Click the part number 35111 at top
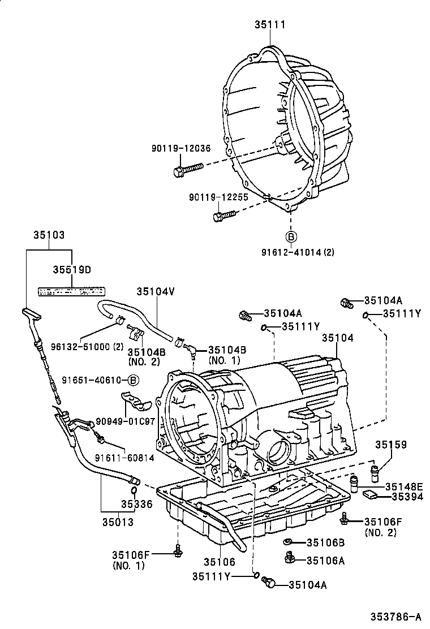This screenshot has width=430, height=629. tap(269, 25)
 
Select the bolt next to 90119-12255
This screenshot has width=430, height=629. tap(223, 216)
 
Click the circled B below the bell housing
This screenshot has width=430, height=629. tap(290, 236)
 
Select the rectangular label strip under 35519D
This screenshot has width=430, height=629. tap(71, 291)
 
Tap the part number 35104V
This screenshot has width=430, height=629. tap(155, 292)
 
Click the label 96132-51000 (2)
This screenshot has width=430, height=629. tap(79, 346)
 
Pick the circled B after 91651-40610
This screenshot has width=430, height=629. tap(131, 380)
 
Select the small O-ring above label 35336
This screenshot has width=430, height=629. tap(134, 490)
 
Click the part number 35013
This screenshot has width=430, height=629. tap(118, 522)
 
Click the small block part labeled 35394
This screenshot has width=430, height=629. tap(371, 494)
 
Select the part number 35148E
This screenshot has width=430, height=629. tap(404, 486)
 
